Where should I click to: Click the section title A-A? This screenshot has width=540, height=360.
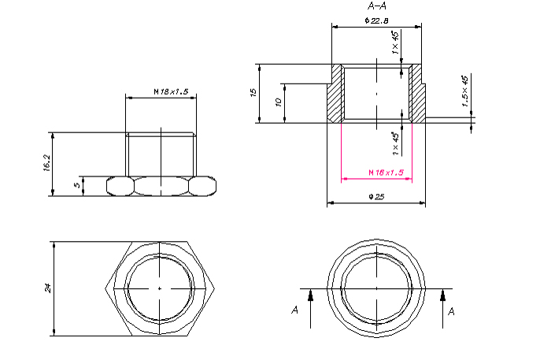377,6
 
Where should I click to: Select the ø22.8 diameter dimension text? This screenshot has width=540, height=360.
376,20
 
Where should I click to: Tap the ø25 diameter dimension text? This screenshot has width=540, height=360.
376,197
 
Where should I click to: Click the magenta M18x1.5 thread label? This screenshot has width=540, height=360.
386,173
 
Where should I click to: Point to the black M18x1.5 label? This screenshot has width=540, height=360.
171,91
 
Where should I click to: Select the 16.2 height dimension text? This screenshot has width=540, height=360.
47,162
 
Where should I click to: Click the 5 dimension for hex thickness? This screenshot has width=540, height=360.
77,185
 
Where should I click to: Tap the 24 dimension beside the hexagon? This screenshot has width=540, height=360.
48,288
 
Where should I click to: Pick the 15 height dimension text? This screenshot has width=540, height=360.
253,92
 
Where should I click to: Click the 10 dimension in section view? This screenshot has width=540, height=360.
279,102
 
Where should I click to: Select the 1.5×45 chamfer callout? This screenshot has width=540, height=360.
464,91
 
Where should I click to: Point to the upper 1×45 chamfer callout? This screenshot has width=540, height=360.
395,43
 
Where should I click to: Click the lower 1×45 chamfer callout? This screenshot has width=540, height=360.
395,143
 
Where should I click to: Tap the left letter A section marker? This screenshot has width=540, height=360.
294,310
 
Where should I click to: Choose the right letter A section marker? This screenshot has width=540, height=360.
451,311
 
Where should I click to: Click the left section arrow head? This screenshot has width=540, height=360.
310,295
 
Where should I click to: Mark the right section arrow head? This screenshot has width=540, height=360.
443,295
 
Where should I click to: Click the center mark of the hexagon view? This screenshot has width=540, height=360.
160,288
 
